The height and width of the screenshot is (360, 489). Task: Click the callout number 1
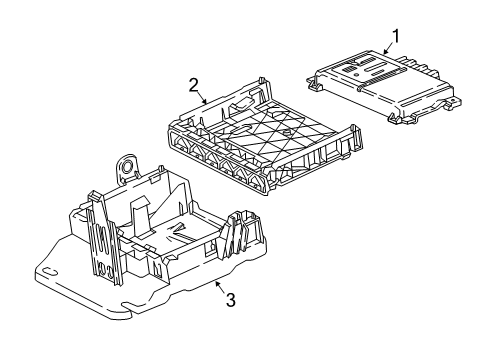(395, 37)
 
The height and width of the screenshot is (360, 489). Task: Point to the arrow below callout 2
(204, 100)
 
